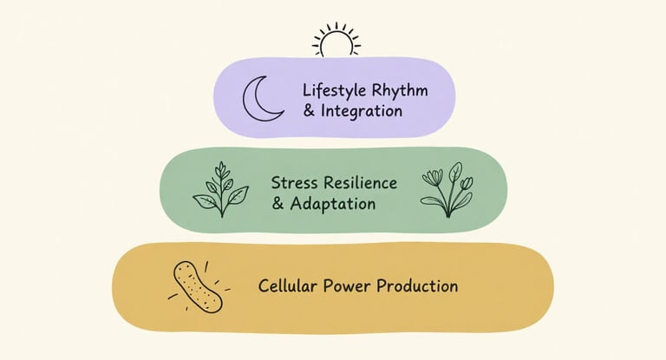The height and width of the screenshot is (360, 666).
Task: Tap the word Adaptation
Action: (x=334, y=205)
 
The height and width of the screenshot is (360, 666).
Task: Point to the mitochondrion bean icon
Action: (x=198, y=286)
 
